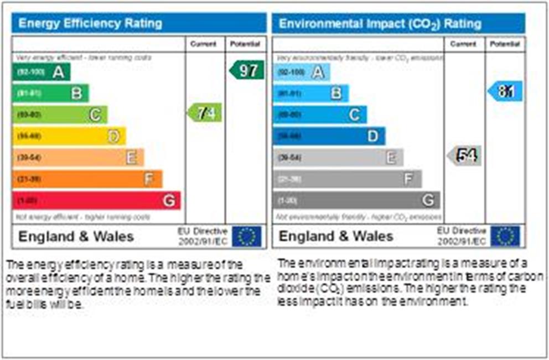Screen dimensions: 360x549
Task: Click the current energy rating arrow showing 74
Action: click(x=205, y=113)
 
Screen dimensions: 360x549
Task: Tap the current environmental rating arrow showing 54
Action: click(x=464, y=156)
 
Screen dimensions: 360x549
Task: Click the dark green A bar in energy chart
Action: click(x=41, y=71)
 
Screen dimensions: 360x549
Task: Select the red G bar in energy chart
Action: click(x=96, y=200)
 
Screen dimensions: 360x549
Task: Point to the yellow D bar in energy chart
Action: click(x=69, y=136)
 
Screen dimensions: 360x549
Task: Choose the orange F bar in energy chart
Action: click(x=87, y=179)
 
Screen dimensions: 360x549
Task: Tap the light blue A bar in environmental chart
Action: click(x=301, y=72)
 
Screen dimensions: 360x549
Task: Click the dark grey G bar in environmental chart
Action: click(x=356, y=200)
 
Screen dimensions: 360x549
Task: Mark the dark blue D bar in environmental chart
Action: click(x=329, y=136)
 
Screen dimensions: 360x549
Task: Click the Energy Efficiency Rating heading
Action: click(x=90, y=24)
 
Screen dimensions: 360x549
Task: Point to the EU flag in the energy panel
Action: click(x=246, y=236)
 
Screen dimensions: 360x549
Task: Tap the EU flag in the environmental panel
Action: click(x=505, y=236)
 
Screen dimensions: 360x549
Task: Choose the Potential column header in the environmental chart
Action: click(x=505, y=44)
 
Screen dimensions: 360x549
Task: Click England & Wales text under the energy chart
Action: click(x=76, y=236)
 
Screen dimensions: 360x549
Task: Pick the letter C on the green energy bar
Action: click(x=95, y=115)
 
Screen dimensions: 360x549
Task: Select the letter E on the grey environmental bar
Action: click(x=391, y=158)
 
